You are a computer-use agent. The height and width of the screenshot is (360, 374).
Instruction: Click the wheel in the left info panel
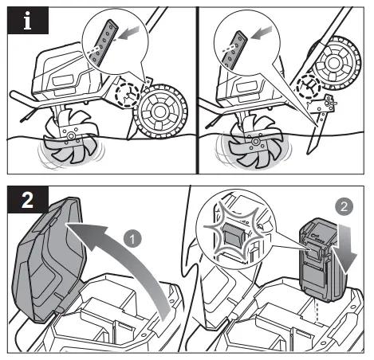(x=160, y=113)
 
